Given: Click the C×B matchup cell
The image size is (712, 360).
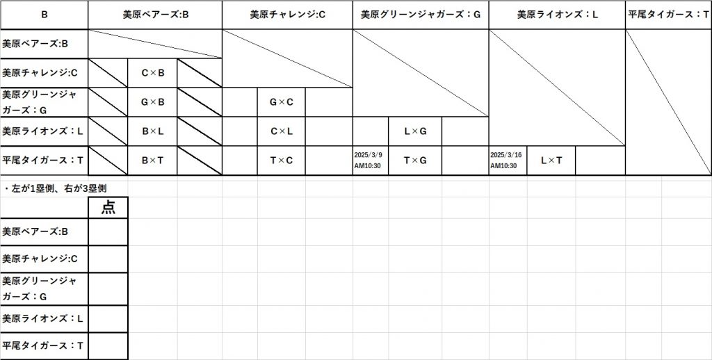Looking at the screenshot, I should pos(152,73).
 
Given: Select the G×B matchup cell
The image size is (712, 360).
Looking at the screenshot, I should pos(152,102).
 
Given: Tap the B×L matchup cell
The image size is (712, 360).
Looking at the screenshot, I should pos(152,131).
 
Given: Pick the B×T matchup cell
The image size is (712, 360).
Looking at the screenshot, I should pos(152,161).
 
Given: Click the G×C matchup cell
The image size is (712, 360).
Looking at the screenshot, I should pos(281,102).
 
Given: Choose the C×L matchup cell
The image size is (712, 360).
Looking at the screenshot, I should pos(281,131).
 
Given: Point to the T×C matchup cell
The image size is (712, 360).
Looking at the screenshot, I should pos(281,161).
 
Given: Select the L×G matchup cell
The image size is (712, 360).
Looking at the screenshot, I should pos(415,131).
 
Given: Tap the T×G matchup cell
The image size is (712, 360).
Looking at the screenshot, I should pos(415,161).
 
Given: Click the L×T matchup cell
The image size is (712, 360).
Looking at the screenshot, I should pos(551,161).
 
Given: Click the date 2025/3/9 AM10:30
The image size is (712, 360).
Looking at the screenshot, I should pos(369,161).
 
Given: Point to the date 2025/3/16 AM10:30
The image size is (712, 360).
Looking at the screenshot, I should pos(506,161).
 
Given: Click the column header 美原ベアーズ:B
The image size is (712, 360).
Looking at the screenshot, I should pos(155,14).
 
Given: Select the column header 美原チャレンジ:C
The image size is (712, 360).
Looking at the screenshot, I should pos(287,14).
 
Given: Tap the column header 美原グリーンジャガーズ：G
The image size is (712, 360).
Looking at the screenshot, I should pos(421,14).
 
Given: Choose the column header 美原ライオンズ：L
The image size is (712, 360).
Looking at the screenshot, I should pos(557,14).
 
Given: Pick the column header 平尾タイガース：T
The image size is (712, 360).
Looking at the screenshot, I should pos(668,14).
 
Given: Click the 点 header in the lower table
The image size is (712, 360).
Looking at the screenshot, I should pos(108,207).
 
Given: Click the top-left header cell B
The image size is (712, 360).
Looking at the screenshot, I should pos(44,14).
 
